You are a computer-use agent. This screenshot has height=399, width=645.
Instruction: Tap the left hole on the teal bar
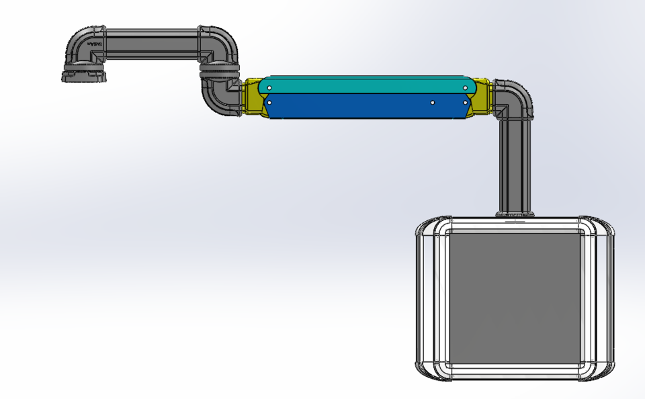point(269,87)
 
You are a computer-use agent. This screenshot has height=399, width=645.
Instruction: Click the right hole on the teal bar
point(465,87)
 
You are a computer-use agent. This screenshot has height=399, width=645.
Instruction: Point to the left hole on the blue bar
point(269,103)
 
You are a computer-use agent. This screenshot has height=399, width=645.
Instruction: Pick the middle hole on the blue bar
point(433,103)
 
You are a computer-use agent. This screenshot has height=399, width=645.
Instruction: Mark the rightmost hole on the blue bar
point(465,103)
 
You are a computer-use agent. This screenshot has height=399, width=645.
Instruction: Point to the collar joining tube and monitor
point(515,214)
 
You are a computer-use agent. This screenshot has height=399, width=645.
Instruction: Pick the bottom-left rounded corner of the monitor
point(427,369)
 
